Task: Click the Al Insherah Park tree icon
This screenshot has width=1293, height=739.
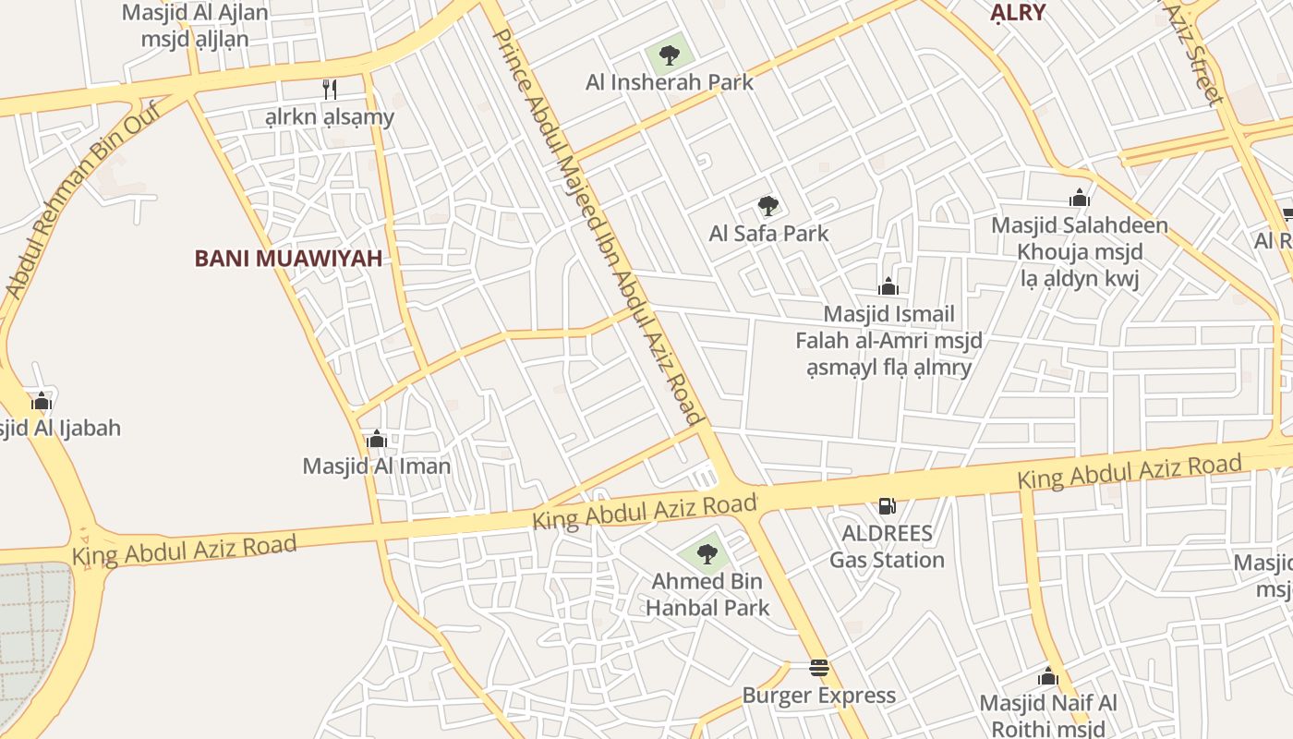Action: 670,55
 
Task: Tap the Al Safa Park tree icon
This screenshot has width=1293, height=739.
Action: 767,206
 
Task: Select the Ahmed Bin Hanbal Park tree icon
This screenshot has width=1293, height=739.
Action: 707,554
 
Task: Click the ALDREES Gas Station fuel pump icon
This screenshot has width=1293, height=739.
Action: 887,505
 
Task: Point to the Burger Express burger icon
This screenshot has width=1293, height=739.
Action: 818,668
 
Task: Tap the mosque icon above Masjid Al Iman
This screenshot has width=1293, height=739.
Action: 376,439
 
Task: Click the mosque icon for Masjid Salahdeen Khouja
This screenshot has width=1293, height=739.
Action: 1079,198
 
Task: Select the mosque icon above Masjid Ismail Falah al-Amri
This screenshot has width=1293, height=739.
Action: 888,286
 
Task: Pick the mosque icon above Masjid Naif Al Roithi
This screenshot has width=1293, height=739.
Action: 1047,677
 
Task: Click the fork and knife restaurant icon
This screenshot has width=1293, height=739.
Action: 329,89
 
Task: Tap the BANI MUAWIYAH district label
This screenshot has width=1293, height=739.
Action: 288,259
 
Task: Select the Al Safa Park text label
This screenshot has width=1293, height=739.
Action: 769,234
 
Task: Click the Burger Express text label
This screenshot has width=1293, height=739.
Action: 819,696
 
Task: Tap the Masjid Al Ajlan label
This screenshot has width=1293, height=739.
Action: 195,13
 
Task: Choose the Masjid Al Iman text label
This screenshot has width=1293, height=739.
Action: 377,466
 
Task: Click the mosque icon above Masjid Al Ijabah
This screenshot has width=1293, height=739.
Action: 42,401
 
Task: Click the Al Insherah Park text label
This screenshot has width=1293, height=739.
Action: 670,82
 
